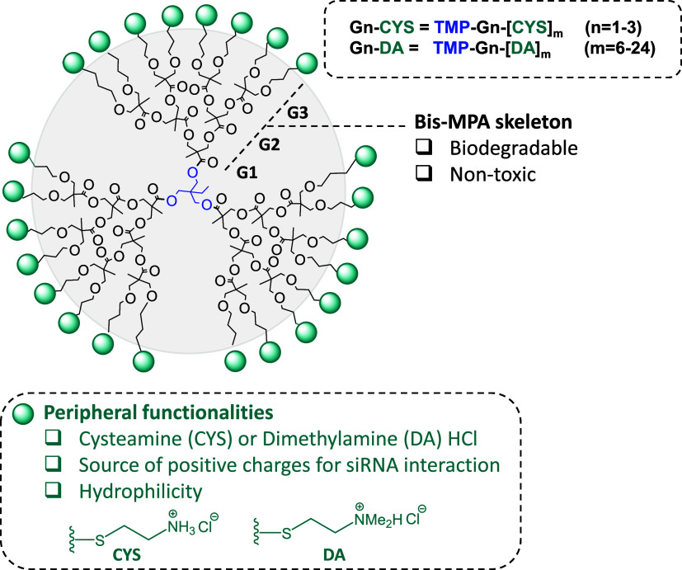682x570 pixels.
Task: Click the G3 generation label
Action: coord(298,113)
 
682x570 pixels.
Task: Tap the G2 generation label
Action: coord(269,144)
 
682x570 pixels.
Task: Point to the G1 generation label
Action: coord(247,172)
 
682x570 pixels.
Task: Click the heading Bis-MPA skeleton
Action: coord(493,122)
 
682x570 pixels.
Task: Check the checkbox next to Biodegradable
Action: coord(424,147)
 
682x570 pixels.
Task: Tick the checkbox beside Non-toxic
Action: coord(424,173)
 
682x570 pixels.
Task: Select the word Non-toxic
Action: coord(493,175)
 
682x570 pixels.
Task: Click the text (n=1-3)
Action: coord(613,27)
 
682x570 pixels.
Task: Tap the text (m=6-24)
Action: coord(619,48)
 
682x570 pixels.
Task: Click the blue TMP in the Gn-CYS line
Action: coord(452,27)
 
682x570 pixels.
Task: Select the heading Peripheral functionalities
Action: coord(158,412)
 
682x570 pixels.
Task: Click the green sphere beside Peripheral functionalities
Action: coord(23,413)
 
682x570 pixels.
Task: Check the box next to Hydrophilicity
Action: coord(53,490)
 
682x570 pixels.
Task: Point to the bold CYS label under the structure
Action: coord(126,555)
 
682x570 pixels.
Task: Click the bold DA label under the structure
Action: coord(334,555)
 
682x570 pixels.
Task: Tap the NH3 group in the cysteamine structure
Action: coord(181,527)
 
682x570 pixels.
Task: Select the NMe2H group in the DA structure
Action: coord(378,520)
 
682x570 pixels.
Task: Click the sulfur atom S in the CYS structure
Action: coord(100,541)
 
